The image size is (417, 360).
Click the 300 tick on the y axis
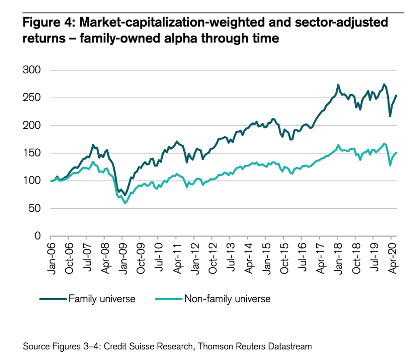click(x=31, y=70)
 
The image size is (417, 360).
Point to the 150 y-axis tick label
click(x=31, y=153)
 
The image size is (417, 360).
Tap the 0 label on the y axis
click(x=37, y=236)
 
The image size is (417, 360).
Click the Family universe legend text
click(x=102, y=299)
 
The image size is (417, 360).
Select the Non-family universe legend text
click(x=227, y=299)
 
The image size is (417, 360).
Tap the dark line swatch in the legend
click(x=53, y=299)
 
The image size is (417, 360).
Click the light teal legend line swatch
click(x=168, y=299)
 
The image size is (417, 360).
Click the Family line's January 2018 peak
click(x=338, y=85)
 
